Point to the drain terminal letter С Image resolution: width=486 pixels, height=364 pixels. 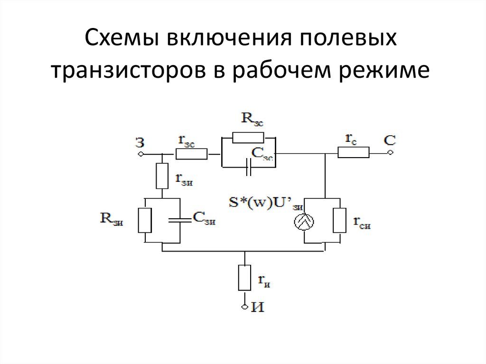(389, 140)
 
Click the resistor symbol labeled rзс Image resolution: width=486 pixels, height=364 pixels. (191, 154)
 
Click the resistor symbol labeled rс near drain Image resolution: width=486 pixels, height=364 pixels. (354, 152)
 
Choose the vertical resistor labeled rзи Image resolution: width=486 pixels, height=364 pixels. (162, 175)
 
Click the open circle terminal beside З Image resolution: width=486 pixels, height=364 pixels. (140, 154)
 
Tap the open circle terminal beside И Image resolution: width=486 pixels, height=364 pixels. (244, 307)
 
